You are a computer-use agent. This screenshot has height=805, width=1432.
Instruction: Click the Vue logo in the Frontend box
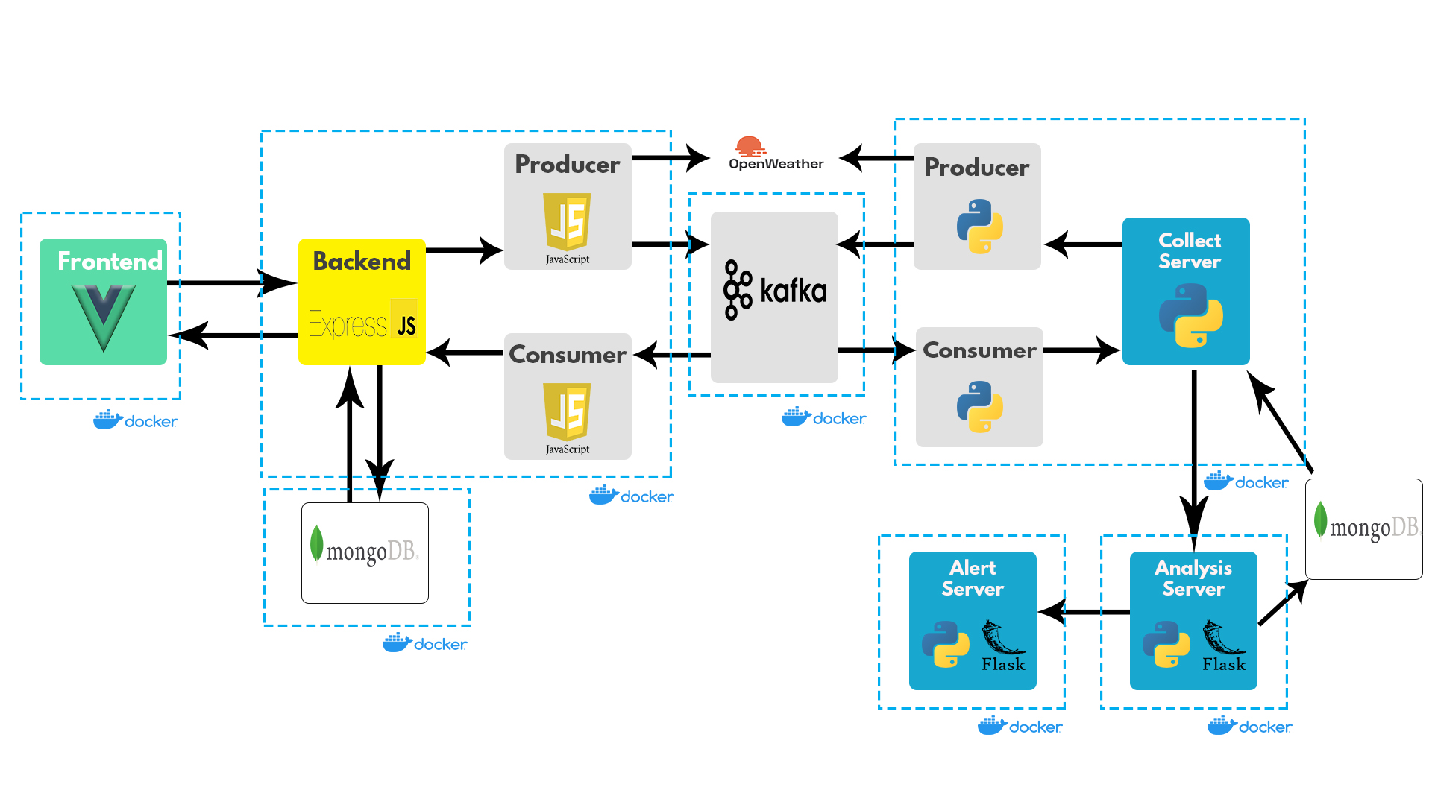(x=104, y=317)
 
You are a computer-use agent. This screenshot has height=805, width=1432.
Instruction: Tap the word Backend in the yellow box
(x=362, y=261)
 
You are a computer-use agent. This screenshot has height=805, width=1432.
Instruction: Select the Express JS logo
(x=362, y=323)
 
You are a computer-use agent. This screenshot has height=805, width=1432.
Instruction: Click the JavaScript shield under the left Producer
(x=567, y=223)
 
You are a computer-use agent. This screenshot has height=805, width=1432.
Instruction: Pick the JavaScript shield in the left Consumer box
(x=567, y=413)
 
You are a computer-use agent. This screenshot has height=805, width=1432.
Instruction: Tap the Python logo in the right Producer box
(x=980, y=226)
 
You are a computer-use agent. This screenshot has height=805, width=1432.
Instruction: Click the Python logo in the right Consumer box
(x=980, y=406)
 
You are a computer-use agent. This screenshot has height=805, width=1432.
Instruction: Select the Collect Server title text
(x=1190, y=251)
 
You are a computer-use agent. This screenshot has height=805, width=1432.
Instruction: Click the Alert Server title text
(x=973, y=578)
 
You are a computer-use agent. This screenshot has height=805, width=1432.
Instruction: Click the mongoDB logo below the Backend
(x=365, y=550)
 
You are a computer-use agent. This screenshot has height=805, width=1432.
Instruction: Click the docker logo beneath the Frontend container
(x=136, y=421)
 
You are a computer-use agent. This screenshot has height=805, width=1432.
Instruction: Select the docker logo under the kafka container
(x=824, y=418)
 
